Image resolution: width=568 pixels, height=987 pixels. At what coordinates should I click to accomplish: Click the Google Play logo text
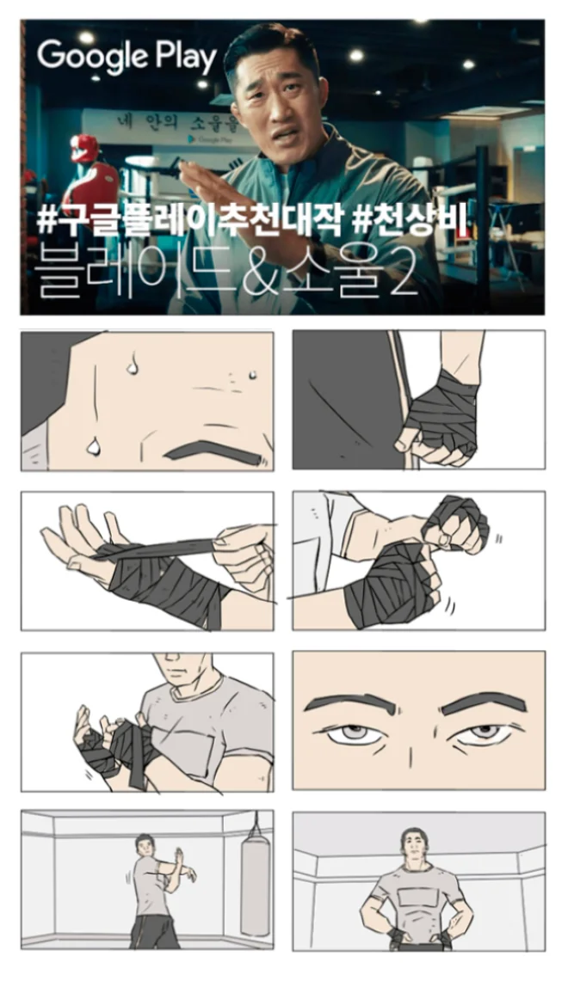pyautogui.click(x=127, y=58)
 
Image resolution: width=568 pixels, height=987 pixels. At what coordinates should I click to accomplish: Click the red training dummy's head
pyautogui.click(x=84, y=146)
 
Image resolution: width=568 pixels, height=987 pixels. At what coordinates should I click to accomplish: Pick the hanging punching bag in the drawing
pyautogui.click(x=254, y=886)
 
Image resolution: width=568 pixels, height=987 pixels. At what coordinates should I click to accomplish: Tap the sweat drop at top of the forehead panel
pyautogui.click(x=132, y=365)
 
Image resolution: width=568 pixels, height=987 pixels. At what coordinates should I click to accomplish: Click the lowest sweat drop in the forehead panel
pyautogui.click(x=94, y=445)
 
